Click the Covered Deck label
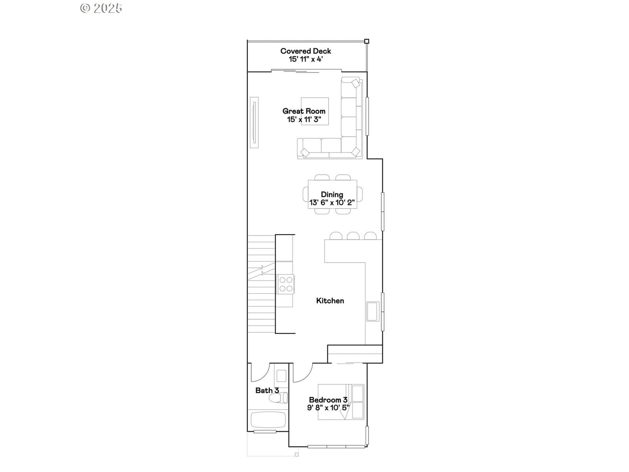tap(305, 51)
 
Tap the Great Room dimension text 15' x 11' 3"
tap(304, 119)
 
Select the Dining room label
tap(332, 194)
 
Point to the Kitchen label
tap(330, 301)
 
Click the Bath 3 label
tap(267, 390)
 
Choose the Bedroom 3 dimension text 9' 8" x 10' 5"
tap(328, 407)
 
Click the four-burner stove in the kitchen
tap(286, 284)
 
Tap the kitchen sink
tap(373, 311)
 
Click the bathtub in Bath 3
tap(268, 420)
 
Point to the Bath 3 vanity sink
tap(281, 376)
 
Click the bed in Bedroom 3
tap(341, 402)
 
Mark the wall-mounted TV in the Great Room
tap(254, 123)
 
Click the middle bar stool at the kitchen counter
tap(353, 236)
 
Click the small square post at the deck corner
tap(366, 41)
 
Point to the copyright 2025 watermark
tap(101, 8)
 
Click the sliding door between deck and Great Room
tap(306, 70)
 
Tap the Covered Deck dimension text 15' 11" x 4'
tap(306, 59)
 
